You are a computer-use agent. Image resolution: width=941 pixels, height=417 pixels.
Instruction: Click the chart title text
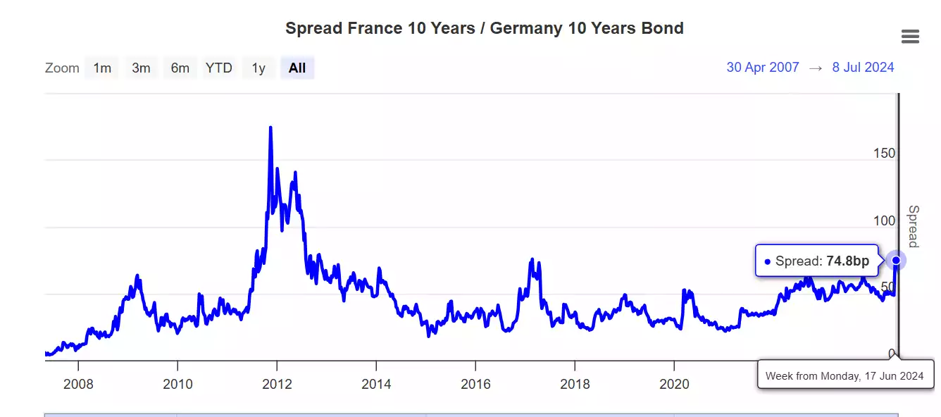click(484, 28)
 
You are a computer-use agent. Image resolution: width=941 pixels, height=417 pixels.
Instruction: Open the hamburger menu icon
click(910, 37)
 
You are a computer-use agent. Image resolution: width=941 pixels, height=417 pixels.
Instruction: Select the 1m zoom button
click(102, 68)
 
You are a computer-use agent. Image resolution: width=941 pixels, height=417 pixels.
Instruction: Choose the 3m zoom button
click(141, 68)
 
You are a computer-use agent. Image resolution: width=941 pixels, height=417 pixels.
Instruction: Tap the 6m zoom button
click(180, 68)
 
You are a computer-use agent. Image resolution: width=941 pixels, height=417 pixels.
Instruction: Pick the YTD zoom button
click(218, 68)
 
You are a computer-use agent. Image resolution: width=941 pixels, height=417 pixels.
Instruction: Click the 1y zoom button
click(258, 68)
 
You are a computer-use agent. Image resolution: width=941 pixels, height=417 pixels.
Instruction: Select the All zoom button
click(297, 68)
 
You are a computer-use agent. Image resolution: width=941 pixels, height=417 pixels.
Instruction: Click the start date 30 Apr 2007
click(763, 68)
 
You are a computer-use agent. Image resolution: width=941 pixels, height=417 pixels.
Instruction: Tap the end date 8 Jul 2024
click(863, 68)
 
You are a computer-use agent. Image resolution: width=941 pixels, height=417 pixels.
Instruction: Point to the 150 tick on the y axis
click(884, 154)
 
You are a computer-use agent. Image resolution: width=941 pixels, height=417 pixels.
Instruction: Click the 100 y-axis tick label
click(884, 221)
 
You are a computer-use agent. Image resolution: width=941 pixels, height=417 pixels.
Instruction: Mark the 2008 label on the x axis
click(78, 385)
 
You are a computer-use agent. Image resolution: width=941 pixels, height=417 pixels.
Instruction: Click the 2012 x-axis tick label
click(277, 385)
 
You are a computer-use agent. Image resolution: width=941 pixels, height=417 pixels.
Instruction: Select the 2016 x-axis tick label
click(475, 385)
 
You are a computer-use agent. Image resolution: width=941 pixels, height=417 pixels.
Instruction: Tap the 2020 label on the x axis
click(674, 385)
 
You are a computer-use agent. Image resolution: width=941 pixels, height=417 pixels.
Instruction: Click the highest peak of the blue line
click(270, 127)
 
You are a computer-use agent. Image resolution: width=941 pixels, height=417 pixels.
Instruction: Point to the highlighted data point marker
click(896, 261)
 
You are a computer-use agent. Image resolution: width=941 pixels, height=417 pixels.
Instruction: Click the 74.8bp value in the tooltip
click(847, 261)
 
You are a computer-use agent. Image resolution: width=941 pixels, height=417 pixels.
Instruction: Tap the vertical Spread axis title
click(913, 226)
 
